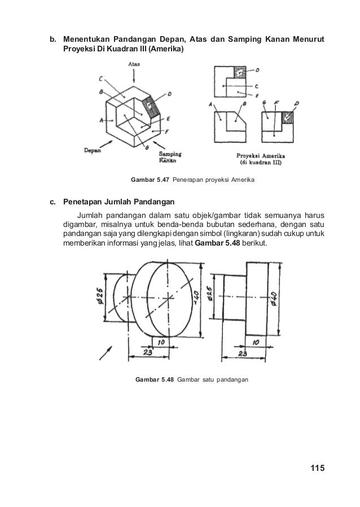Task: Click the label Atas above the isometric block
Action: (134, 65)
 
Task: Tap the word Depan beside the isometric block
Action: (93, 150)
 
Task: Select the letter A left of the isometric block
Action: (101, 120)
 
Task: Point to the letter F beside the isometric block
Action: (168, 130)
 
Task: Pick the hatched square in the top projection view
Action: (239, 73)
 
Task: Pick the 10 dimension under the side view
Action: (256, 342)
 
